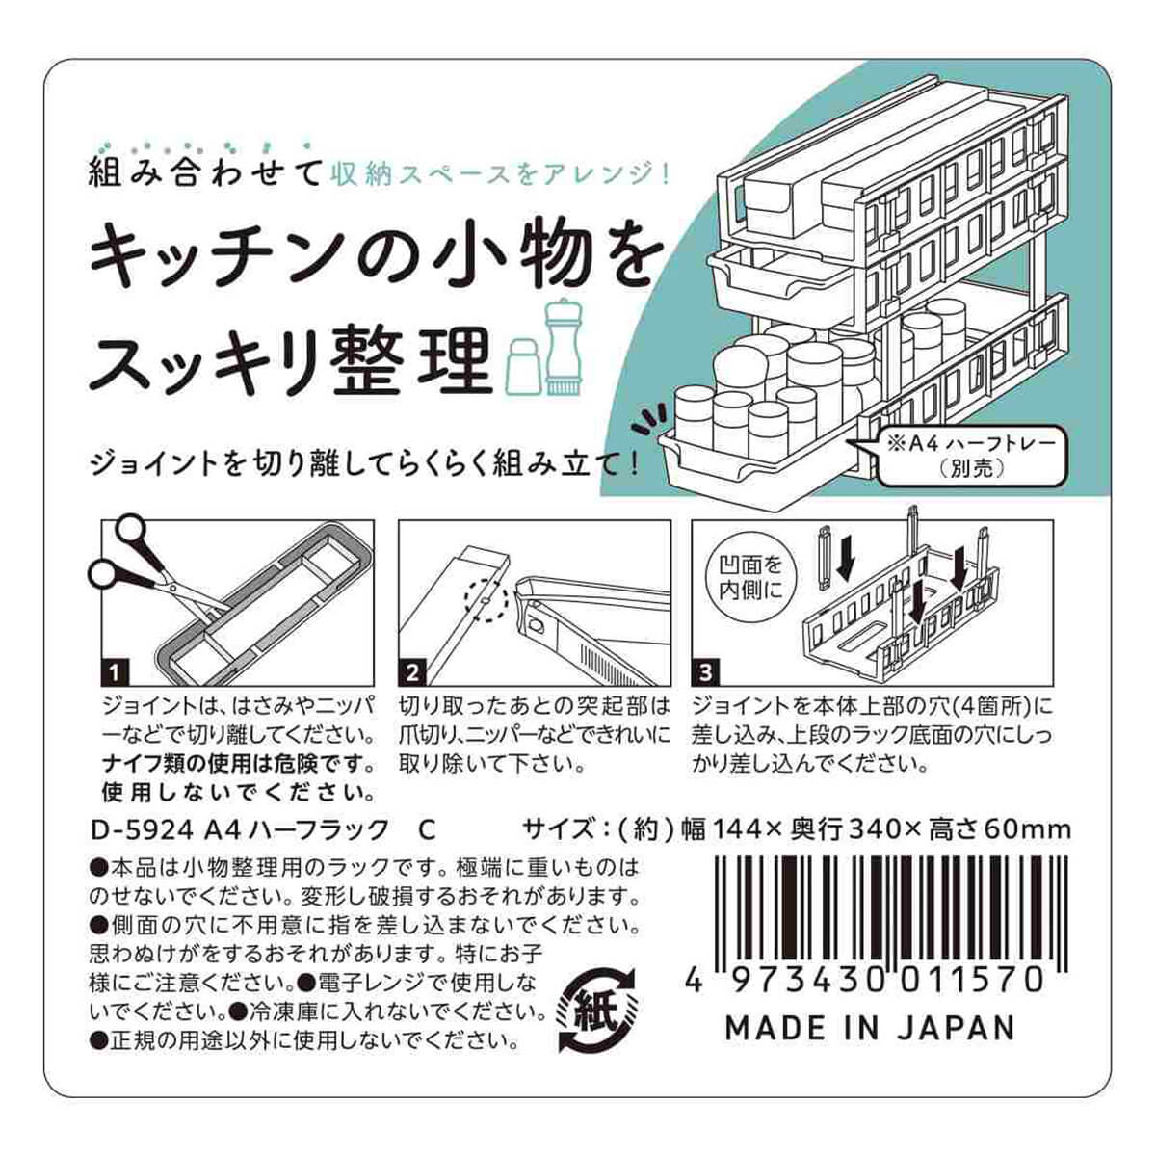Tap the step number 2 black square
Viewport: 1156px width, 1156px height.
tap(412, 672)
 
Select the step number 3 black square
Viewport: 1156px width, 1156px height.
tap(705, 672)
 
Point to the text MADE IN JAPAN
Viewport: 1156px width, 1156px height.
tap(869, 1029)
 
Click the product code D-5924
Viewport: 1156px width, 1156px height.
tap(143, 830)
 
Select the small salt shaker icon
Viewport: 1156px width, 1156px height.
tap(522, 366)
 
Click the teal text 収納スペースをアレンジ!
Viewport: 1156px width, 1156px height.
tap(502, 174)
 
